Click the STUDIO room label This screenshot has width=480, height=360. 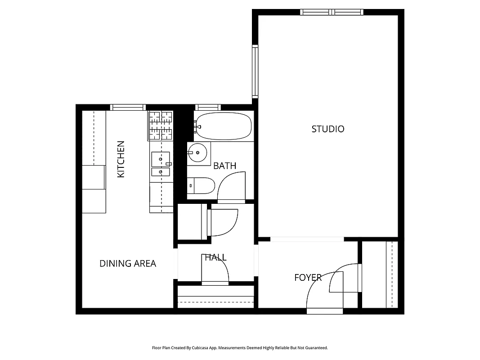(x=328, y=129)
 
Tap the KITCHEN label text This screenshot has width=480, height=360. (x=121, y=159)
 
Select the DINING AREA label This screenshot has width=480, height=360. (x=128, y=264)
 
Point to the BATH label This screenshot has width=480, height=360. (x=224, y=166)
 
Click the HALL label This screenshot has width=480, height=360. (x=215, y=258)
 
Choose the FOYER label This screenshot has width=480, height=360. (x=308, y=278)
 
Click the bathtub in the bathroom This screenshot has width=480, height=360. (x=223, y=126)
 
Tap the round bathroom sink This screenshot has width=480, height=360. (x=198, y=153)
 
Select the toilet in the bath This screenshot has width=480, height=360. (x=202, y=185)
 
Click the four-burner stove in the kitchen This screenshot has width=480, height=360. (x=161, y=126)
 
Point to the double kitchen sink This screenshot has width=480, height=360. (x=161, y=165)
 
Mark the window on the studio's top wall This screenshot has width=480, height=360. (x=332, y=12)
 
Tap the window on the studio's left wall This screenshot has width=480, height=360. (x=255, y=71)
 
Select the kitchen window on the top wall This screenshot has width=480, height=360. (x=128, y=107)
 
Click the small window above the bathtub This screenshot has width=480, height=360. (x=207, y=107)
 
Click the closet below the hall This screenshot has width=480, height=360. (x=215, y=297)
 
